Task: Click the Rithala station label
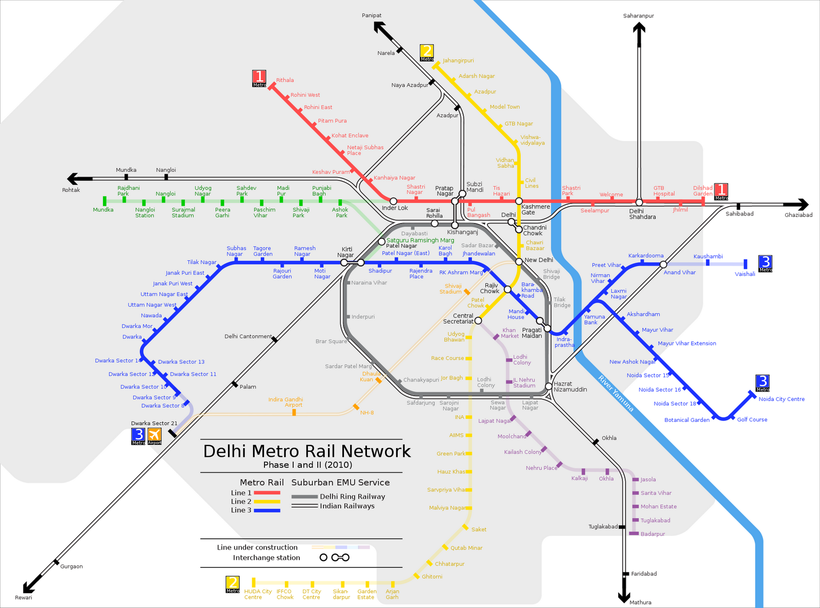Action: click(x=285, y=80)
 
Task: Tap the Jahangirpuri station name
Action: click(x=458, y=60)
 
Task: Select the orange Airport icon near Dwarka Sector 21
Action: click(x=154, y=436)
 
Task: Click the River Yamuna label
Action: click(x=616, y=393)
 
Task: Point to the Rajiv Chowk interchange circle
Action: click(x=507, y=289)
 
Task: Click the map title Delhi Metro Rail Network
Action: click(x=306, y=451)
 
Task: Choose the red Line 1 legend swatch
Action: click(x=267, y=493)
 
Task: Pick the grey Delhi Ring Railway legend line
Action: click(x=304, y=497)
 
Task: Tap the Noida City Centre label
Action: click(x=782, y=399)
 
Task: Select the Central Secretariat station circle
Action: click(x=478, y=320)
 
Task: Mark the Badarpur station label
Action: click(x=652, y=534)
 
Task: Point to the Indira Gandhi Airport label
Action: click(x=285, y=402)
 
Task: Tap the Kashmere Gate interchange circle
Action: click(x=519, y=201)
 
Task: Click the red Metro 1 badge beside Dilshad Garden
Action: click(x=722, y=192)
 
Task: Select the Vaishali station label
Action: click(x=745, y=274)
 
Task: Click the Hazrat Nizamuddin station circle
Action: click(x=548, y=386)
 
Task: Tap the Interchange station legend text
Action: click(x=266, y=558)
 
